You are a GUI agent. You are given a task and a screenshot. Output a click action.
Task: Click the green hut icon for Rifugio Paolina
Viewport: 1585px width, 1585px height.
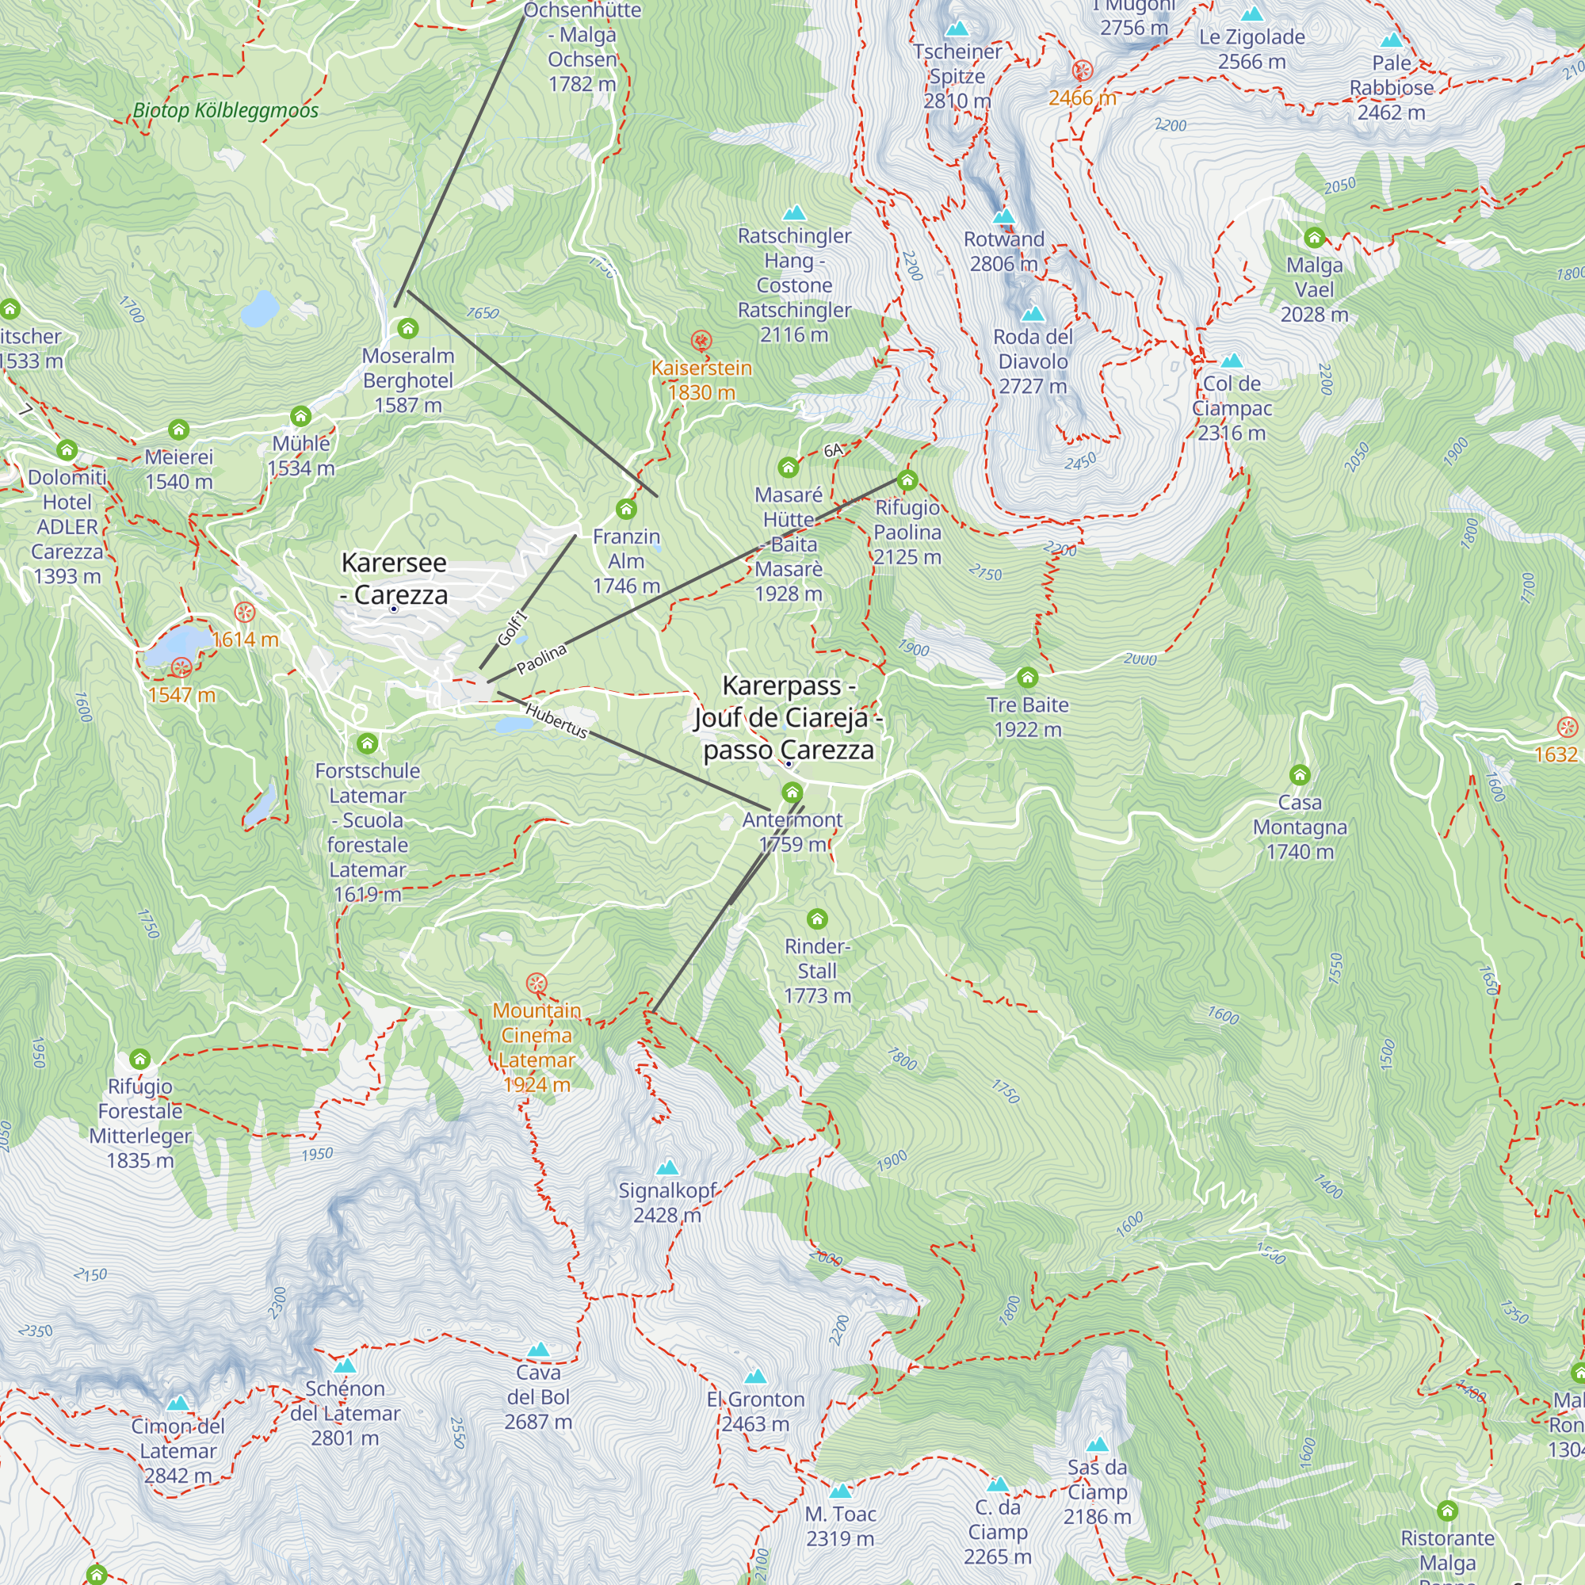907,480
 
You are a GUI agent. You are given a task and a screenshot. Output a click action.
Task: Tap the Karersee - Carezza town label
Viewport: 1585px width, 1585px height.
394,579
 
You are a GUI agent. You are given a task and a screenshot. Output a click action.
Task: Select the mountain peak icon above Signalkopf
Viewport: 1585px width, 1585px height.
668,1167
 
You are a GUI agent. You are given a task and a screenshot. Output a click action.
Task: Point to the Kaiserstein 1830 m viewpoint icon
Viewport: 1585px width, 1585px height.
701,341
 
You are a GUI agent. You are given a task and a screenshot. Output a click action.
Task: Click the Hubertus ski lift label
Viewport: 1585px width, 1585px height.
556,720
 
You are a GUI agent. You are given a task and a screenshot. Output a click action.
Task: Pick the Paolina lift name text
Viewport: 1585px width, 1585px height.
541,659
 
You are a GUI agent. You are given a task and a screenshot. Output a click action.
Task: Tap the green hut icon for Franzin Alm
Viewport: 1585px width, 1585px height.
626,510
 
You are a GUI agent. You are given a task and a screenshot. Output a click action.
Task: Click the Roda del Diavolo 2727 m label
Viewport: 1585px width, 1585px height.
1032,361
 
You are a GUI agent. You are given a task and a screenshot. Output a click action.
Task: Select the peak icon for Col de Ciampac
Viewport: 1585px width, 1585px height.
1232,361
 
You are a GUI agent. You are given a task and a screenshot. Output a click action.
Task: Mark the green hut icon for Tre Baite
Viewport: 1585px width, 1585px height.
1027,678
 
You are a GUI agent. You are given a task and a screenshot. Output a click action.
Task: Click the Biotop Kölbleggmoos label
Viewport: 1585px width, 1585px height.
226,110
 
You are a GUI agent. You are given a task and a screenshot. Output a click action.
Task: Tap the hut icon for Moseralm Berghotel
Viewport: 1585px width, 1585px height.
407,329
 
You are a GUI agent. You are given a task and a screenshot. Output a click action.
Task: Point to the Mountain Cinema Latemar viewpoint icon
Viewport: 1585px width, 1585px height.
536,983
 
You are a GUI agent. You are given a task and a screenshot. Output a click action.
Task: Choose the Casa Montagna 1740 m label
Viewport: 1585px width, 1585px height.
1300,827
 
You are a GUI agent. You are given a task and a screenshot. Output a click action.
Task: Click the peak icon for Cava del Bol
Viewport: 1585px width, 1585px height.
538,1350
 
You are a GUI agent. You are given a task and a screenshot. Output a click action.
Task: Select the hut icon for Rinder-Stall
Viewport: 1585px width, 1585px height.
817,919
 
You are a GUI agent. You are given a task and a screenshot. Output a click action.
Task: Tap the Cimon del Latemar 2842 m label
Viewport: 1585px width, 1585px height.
178,1450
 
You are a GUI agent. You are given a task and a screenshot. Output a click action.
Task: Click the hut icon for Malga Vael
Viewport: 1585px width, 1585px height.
1314,238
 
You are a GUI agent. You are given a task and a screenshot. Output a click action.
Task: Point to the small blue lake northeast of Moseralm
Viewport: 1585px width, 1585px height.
260,308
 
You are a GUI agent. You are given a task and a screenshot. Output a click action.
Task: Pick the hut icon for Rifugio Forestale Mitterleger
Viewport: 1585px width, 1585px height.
140,1059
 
